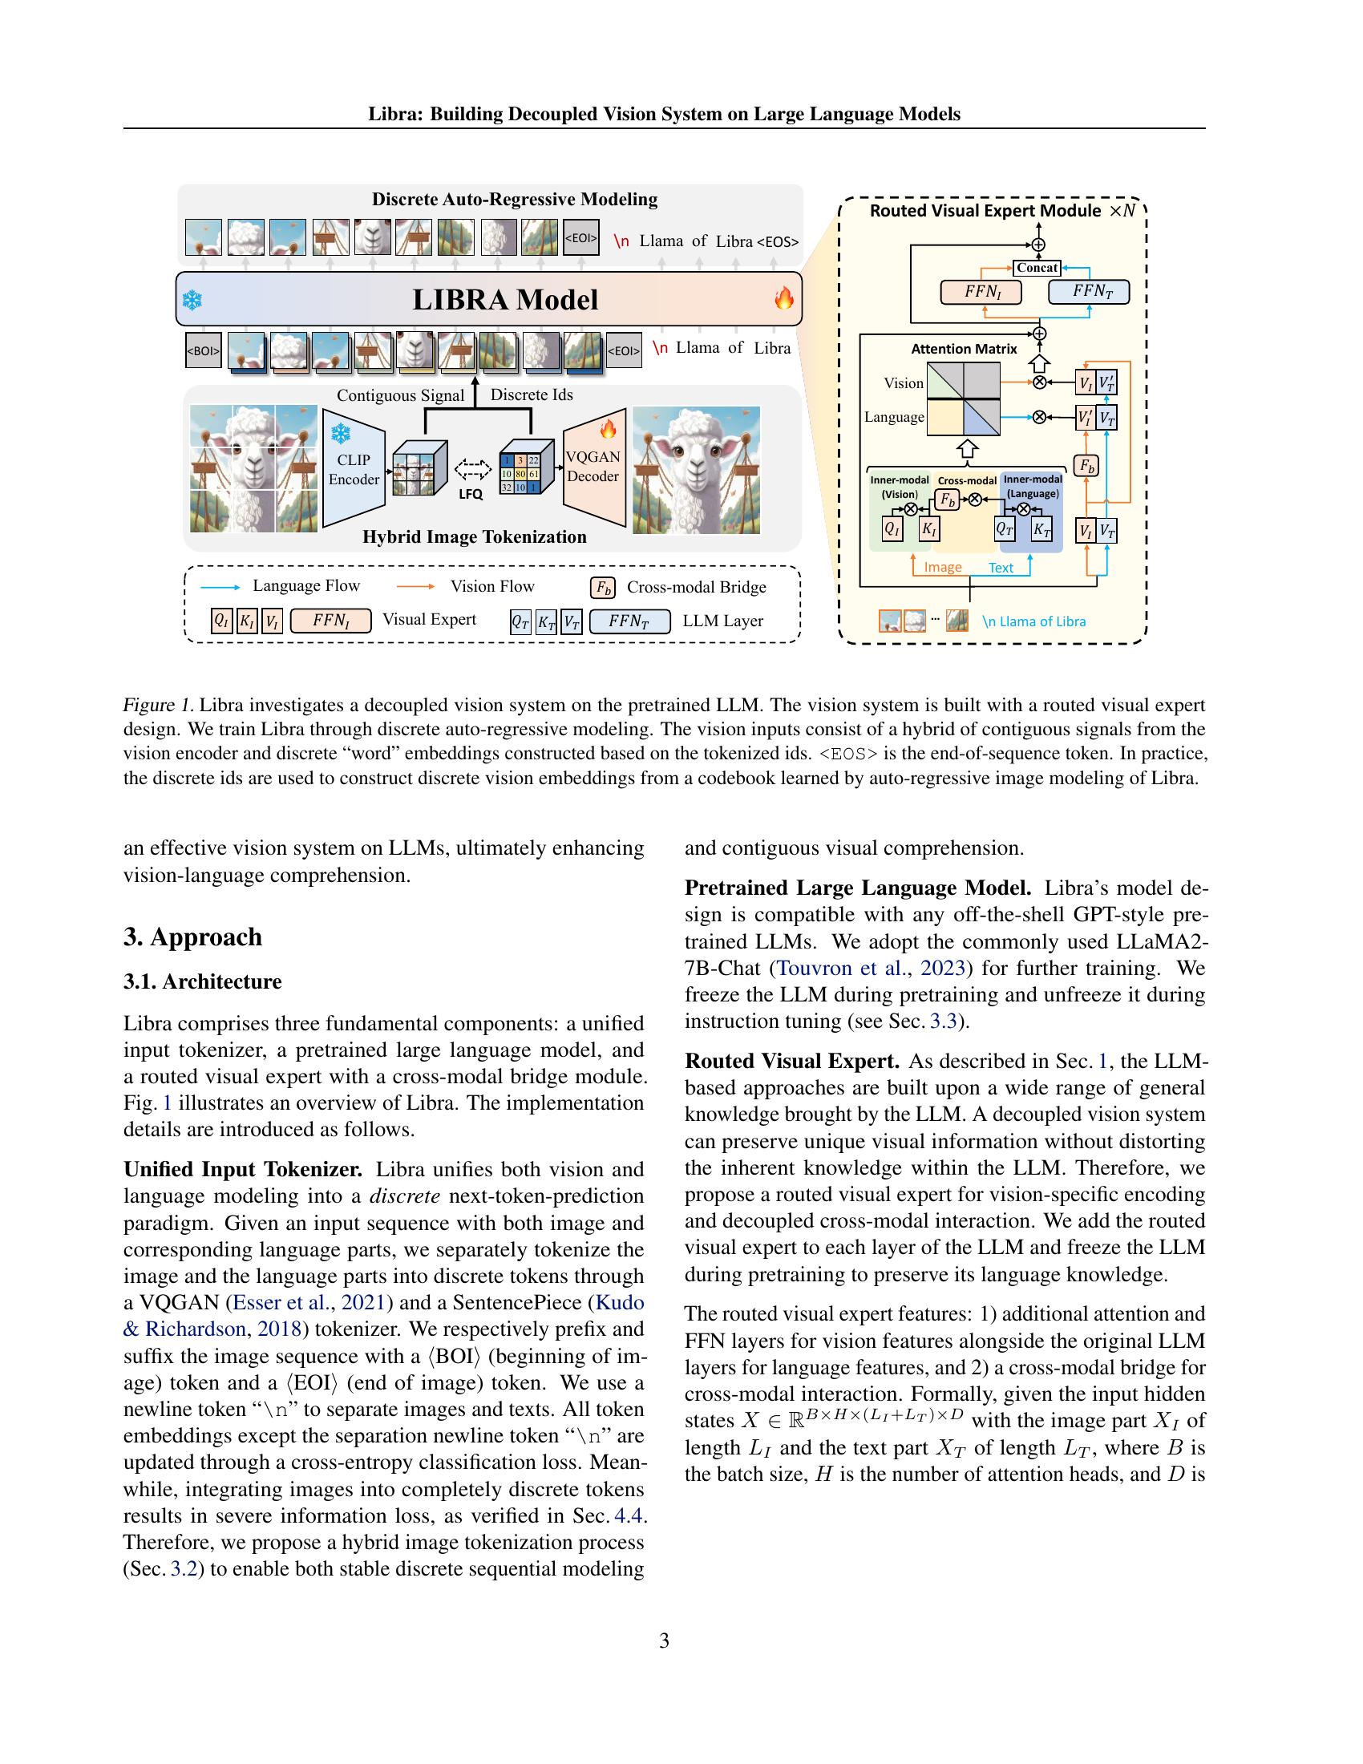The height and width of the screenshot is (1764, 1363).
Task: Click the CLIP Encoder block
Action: click(x=353, y=468)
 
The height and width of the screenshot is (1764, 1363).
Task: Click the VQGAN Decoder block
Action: click(x=593, y=468)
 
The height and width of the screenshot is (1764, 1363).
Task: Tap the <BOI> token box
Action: click(x=203, y=350)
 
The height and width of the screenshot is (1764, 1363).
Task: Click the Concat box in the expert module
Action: click(x=1037, y=267)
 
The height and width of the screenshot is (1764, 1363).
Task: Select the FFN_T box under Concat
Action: click(x=1088, y=292)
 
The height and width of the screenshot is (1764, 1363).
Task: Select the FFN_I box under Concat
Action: click(x=981, y=292)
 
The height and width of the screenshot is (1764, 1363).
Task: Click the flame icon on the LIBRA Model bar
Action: click(x=783, y=300)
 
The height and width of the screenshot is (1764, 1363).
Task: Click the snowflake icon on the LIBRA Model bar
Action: click(x=192, y=301)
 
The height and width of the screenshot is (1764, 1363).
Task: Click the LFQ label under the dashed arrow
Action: click(x=470, y=494)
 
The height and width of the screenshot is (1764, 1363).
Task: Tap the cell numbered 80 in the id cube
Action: click(x=520, y=474)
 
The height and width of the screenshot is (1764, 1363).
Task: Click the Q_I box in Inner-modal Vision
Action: click(x=892, y=530)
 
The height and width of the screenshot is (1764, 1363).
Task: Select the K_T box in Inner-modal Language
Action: click(x=1041, y=530)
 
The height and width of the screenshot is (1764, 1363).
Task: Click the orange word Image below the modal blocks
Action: click(x=942, y=567)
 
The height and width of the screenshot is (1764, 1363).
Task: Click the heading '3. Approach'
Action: click(x=192, y=937)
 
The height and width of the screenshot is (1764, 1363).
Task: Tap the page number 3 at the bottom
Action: click(x=664, y=1641)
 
